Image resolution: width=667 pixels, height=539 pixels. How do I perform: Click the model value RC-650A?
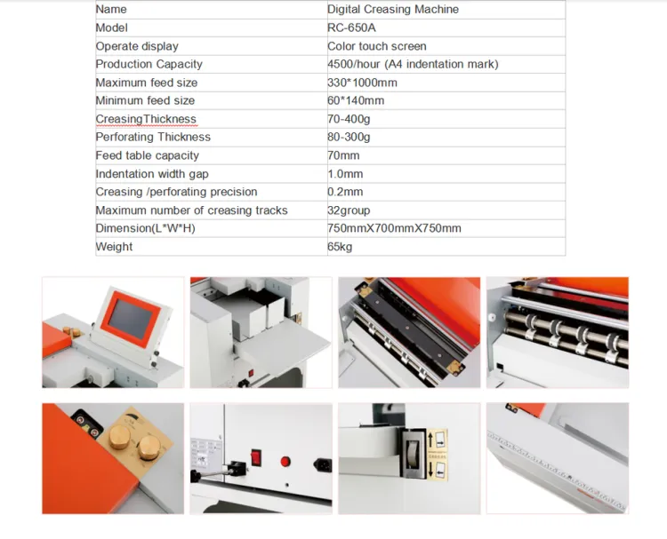coord(351,28)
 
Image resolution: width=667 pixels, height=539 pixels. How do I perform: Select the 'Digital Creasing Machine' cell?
coord(393,10)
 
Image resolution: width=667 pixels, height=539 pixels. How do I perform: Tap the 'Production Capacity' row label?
coord(149,64)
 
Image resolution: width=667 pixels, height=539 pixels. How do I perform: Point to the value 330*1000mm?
coord(362,83)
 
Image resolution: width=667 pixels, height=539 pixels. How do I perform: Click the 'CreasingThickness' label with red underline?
coord(146,119)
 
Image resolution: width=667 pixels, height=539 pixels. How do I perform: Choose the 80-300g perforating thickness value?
coord(349,138)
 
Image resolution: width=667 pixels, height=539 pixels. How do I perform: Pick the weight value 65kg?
coord(340,247)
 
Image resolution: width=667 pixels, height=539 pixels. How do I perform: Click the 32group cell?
coord(349,210)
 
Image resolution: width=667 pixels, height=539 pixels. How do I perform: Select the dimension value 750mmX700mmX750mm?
coord(394,228)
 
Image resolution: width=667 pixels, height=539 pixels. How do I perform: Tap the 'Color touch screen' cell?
coord(377,46)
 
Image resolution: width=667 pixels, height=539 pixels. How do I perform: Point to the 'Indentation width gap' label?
coord(152,174)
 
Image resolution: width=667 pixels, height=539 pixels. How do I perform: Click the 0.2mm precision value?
coord(345,192)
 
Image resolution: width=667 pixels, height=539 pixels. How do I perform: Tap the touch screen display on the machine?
coord(130,319)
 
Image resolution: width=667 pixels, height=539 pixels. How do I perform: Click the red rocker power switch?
coord(255,457)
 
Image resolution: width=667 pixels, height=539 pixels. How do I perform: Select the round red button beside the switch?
coord(285,461)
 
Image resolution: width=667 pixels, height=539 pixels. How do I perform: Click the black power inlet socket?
coord(324,465)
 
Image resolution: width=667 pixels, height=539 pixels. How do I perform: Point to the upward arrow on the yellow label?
coord(430,440)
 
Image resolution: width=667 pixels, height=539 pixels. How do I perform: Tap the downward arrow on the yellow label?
coord(431,469)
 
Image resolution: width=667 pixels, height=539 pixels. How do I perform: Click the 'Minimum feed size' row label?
coord(145,100)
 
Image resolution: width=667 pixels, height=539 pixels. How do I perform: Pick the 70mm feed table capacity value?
coord(343,155)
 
